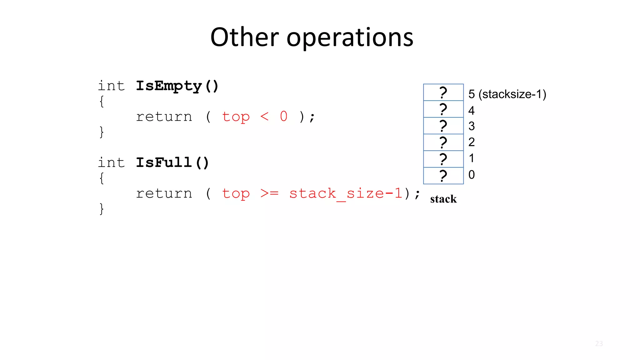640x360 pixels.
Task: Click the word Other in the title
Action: point(244,37)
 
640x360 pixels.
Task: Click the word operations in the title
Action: point(350,38)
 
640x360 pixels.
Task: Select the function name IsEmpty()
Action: point(177,86)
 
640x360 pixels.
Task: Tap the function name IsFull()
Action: point(172,162)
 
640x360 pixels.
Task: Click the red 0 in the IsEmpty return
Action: point(284,117)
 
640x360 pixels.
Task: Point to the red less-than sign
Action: point(264,117)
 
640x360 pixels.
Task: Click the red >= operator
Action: point(269,193)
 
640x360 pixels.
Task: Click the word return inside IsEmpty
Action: point(164,117)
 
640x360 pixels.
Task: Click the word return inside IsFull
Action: point(164,193)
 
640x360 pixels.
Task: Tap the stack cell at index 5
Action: point(443,92)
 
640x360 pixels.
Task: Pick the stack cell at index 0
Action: point(443,176)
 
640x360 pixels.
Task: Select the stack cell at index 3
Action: point(443,126)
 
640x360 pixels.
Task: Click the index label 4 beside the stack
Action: point(471,110)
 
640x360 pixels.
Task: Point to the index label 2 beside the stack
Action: point(471,142)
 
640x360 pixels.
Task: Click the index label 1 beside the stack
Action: point(471,158)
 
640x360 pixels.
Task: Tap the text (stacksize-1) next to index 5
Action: point(512,94)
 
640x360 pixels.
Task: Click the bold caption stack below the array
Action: point(443,199)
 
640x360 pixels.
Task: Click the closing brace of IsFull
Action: point(102,209)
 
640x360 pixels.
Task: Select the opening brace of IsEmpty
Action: point(102,102)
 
